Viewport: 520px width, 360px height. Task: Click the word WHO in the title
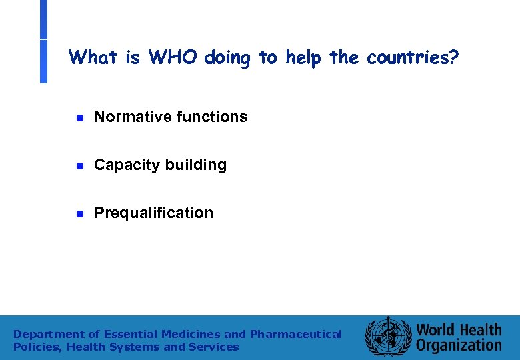(174, 57)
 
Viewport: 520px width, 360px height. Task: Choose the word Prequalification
(154, 213)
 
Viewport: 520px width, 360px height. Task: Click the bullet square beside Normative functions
(78, 118)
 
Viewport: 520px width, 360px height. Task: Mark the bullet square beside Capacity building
(78, 166)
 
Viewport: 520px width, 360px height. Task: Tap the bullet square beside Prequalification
(78, 214)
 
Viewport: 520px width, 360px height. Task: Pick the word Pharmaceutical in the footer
(295, 334)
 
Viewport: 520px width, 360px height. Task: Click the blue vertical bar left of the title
(43, 41)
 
